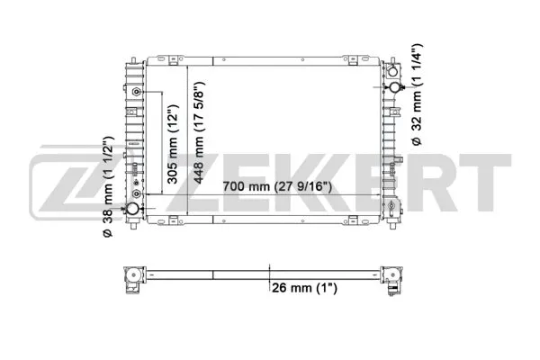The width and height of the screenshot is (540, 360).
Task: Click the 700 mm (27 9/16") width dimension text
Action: pyautogui.click(x=277, y=187)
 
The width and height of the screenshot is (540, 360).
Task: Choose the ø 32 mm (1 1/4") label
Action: pyautogui.click(x=416, y=94)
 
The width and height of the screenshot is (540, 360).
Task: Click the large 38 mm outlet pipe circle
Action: pyautogui.click(x=132, y=209)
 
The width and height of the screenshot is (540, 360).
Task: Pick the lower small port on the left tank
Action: pyautogui.click(x=135, y=193)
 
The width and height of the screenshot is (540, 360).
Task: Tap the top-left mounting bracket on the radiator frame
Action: pyautogui.click(x=131, y=68)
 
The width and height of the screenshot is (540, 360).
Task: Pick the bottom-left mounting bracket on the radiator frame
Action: pyautogui.click(x=132, y=225)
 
